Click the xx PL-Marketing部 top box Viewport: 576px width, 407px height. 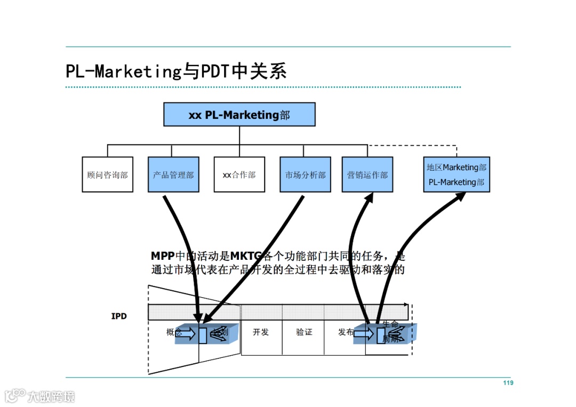click(239, 115)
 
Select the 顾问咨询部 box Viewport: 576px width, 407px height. click(107, 174)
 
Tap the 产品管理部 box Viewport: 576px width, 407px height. click(173, 174)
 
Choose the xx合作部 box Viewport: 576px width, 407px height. click(239, 174)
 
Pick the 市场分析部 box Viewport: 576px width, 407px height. click(305, 174)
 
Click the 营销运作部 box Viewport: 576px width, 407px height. click(367, 174)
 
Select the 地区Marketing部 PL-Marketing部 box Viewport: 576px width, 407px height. click(457, 174)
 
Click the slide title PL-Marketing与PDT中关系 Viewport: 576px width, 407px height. click(176, 71)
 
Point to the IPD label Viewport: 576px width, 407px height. click(119, 316)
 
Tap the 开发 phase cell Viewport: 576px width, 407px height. click(261, 332)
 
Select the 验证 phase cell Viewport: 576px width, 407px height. click(304, 332)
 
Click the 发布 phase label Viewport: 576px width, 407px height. click(346, 332)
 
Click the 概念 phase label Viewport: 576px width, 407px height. click(174, 332)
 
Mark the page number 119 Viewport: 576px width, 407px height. click(508, 383)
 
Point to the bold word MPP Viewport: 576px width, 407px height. click(163, 256)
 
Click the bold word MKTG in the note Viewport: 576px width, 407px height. click(246, 256)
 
